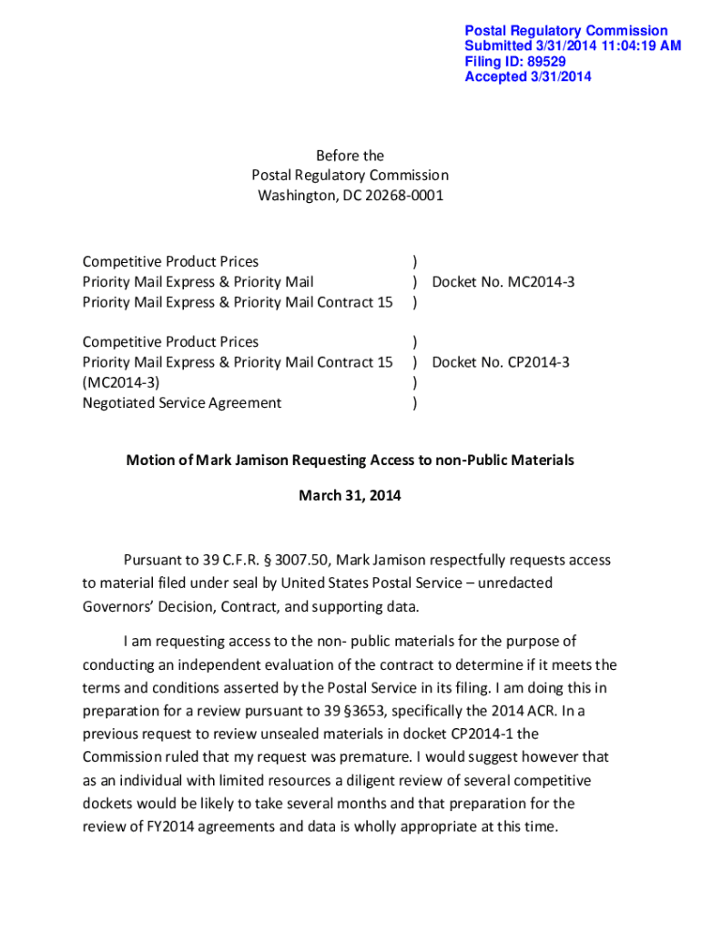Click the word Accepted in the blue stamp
[494, 77]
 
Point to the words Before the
[350, 156]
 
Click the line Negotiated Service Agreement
[182, 402]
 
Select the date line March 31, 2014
[350, 496]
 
